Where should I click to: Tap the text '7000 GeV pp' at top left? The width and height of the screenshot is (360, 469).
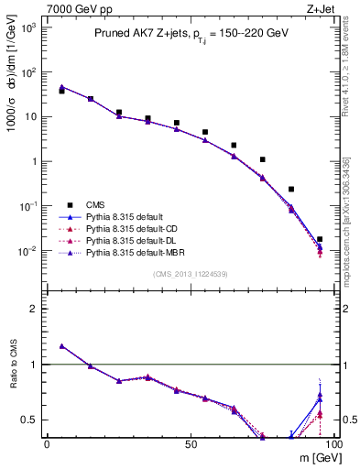[65, 8]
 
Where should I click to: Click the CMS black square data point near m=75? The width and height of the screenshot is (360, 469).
[263, 159]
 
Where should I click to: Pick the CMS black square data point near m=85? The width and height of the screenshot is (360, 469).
[291, 189]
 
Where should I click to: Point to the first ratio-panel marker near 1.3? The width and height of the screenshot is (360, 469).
[61, 346]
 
